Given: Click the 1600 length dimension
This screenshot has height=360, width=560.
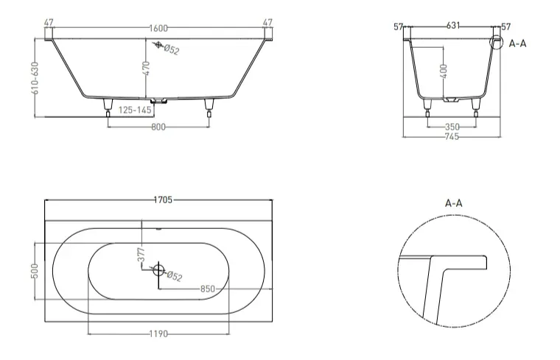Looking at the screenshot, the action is (158, 28).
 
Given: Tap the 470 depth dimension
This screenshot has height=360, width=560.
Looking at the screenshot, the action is (146, 68).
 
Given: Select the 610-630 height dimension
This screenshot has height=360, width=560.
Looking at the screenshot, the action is (35, 78).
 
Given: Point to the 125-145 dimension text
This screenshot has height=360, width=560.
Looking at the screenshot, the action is (135, 110).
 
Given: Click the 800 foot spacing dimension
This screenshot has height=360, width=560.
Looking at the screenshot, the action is (158, 127).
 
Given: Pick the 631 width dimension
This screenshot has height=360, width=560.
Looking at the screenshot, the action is (453, 26).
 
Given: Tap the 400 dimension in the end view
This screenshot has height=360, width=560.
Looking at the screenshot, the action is (444, 71).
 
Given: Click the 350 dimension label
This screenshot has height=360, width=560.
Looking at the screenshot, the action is (452, 127).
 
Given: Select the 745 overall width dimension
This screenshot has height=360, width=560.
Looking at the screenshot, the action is (452, 136).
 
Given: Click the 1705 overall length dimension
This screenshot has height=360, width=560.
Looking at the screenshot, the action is (163, 200).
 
